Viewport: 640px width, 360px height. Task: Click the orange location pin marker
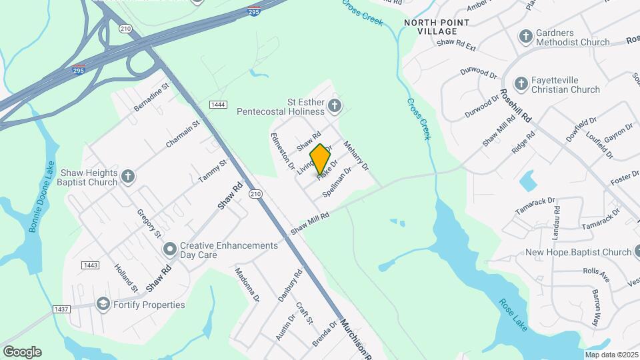[x=320, y=159]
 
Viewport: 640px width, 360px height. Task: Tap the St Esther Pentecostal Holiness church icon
[x=335, y=105]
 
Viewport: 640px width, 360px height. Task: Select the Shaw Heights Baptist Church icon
[x=128, y=177]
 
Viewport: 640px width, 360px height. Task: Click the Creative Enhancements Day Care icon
[x=170, y=250]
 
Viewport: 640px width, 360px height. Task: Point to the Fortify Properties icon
[x=103, y=305]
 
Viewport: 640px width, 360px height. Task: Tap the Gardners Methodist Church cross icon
[x=526, y=37]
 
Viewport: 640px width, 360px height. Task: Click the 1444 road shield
[x=218, y=105]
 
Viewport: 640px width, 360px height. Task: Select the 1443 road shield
[x=91, y=265]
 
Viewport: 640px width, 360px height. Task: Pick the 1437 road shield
[x=61, y=309]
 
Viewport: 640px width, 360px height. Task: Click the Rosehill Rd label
[x=517, y=106]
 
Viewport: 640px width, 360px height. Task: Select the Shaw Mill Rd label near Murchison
[x=310, y=225]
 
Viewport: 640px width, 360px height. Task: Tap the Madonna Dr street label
[x=246, y=285]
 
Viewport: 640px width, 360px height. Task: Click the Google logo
[x=22, y=352]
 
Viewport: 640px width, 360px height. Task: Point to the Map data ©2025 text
[x=611, y=355]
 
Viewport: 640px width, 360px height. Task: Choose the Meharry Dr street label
[x=356, y=155]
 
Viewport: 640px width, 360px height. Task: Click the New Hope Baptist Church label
[x=578, y=252]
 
